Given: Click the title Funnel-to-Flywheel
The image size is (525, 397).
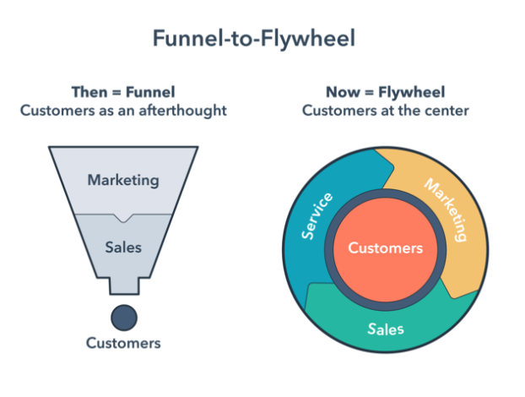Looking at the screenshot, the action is [254, 39].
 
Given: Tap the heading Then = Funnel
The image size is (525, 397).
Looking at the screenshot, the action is [123, 92].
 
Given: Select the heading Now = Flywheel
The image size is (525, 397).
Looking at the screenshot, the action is [386, 92].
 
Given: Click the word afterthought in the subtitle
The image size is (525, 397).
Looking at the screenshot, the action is [183, 110].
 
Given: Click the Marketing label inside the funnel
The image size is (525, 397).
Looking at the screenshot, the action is [123, 180].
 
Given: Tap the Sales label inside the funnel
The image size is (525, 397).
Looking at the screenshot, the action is [123, 247].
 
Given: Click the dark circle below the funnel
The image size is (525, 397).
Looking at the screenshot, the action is [124, 318].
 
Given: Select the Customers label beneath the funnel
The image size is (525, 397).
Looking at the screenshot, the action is [123, 343].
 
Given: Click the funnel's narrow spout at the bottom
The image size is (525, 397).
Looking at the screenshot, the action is [124, 286].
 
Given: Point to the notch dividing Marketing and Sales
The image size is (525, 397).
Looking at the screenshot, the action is [123, 218].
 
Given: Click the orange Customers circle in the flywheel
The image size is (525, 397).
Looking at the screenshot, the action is [386, 249].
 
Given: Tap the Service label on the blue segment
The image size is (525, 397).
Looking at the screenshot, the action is [317, 216].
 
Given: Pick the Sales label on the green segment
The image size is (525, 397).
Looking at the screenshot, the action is [386, 329].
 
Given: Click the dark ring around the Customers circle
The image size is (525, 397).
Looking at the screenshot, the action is [386, 193].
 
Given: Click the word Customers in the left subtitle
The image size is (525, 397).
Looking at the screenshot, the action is [57, 110].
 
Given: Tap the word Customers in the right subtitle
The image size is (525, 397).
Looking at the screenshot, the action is [339, 111].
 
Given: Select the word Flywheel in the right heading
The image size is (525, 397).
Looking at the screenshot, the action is [412, 92].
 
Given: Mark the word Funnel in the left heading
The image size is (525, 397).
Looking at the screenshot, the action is [150, 92].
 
